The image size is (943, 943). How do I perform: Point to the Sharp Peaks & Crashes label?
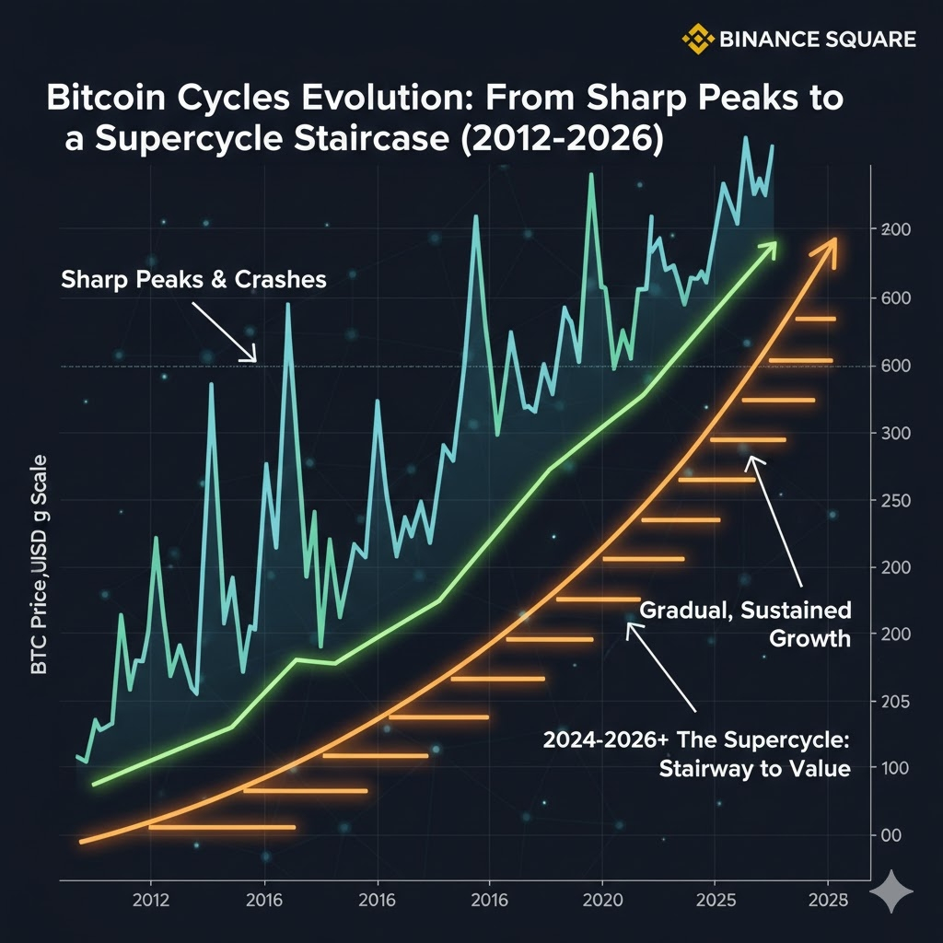(x=193, y=279)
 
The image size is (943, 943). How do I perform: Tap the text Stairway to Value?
(x=754, y=768)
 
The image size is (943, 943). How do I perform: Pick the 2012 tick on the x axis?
(x=149, y=900)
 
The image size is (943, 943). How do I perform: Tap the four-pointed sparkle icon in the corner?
(x=891, y=891)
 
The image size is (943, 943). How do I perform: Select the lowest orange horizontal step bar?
(x=222, y=827)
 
